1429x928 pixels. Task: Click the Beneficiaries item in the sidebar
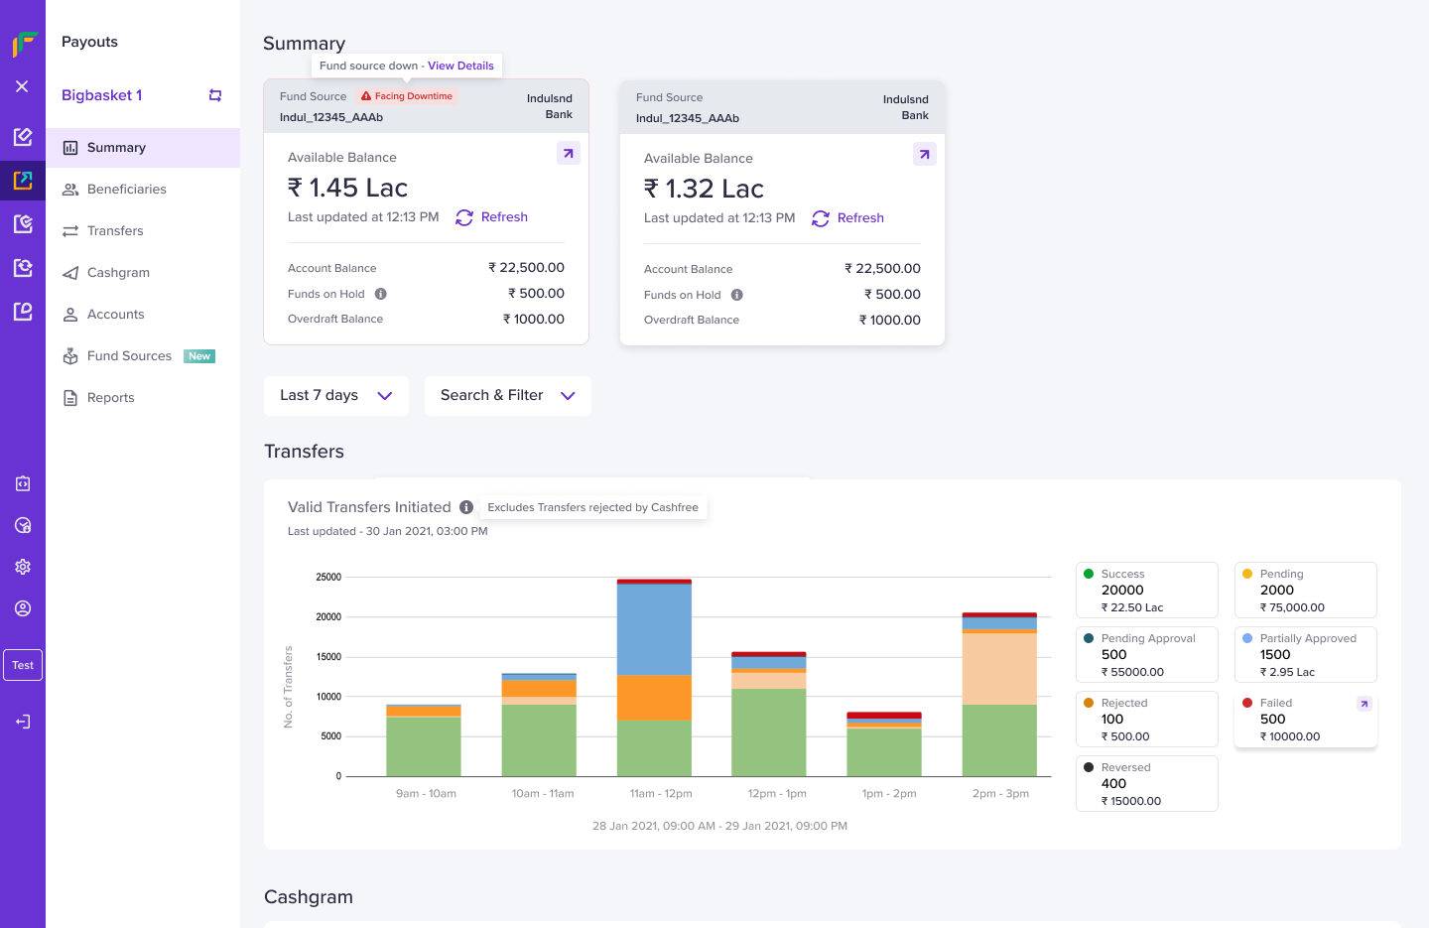pos(126,190)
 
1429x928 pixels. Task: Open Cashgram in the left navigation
pos(117,273)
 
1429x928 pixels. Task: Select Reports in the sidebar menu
pos(110,398)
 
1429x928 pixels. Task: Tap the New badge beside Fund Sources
pos(199,356)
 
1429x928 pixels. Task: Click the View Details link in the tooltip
pos(460,66)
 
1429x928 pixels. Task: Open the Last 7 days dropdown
pos(336,396)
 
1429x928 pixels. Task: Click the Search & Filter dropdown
pos(507,396)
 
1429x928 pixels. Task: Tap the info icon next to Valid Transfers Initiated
pos(466,507)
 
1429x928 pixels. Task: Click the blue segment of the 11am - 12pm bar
pos(654,629)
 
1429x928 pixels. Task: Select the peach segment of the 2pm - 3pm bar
pos(999,669)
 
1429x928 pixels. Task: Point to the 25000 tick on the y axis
pos(328,578)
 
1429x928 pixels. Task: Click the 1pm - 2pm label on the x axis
pos(889,794)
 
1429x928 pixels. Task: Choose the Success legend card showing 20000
pos(1146,591)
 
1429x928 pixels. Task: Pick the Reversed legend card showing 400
pos(1146,784)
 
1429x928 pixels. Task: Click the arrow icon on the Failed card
pos(1364,704)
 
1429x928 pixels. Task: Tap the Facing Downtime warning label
pos(407,96)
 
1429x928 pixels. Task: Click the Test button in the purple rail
pos(23,666)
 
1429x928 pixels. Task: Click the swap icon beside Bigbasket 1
pos(215,95)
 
